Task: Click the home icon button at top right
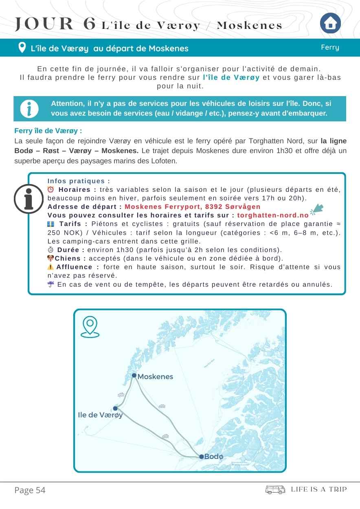tap(330, 24)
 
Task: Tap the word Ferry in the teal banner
tap(330, 47)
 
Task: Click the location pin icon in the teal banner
tap(22, 48)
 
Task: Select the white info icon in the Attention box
tap(29, 109)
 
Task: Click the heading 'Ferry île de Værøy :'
tap(48, 131)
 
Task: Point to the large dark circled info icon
tap(29, 199)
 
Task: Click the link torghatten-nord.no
tap(273, 215)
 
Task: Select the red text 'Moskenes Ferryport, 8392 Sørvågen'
tap(193, 207)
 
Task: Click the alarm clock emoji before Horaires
tap(50, 189)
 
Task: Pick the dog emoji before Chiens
tap(50, 258)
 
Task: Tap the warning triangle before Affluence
tap(50, 267)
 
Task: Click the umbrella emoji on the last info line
tap(50, 284)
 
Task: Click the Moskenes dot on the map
tap(134, 375)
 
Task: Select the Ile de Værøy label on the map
tap(100, 415)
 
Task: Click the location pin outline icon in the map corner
tap(90, 327)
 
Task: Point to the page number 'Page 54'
tap(30, 490)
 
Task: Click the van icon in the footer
tap(275, 489)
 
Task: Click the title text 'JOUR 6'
tap(55, 24)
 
